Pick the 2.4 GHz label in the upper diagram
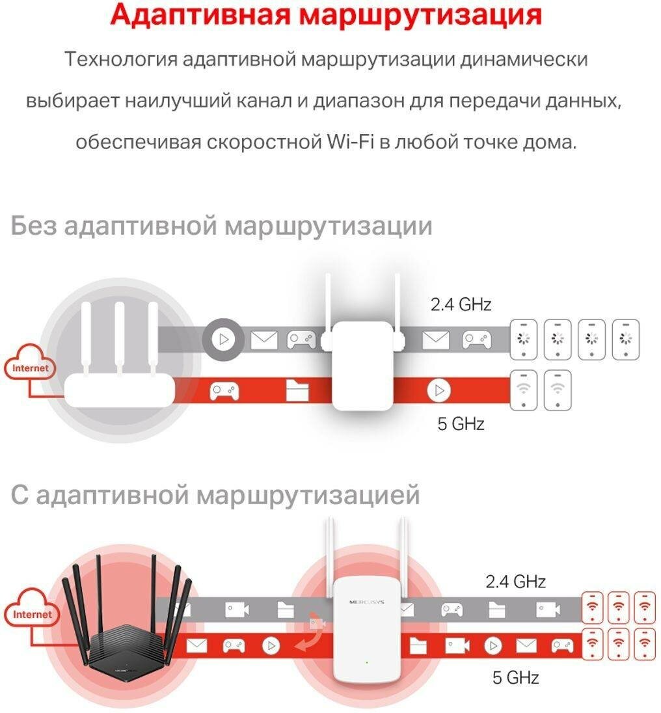pyautogui.click(x=461, y=304)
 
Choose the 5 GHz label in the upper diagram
pyautogui.click(x=461, y=425)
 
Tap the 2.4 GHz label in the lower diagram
pyautogui.click(x=515, y=581)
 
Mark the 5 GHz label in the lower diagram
pyautogui.click(x=515, y=678)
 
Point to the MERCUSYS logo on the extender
pyautogui.click(x=366, y=602)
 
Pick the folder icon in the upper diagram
pyautogui.click(x=298, y=390)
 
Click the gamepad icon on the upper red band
pyautogui.click(x=224, y=390)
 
